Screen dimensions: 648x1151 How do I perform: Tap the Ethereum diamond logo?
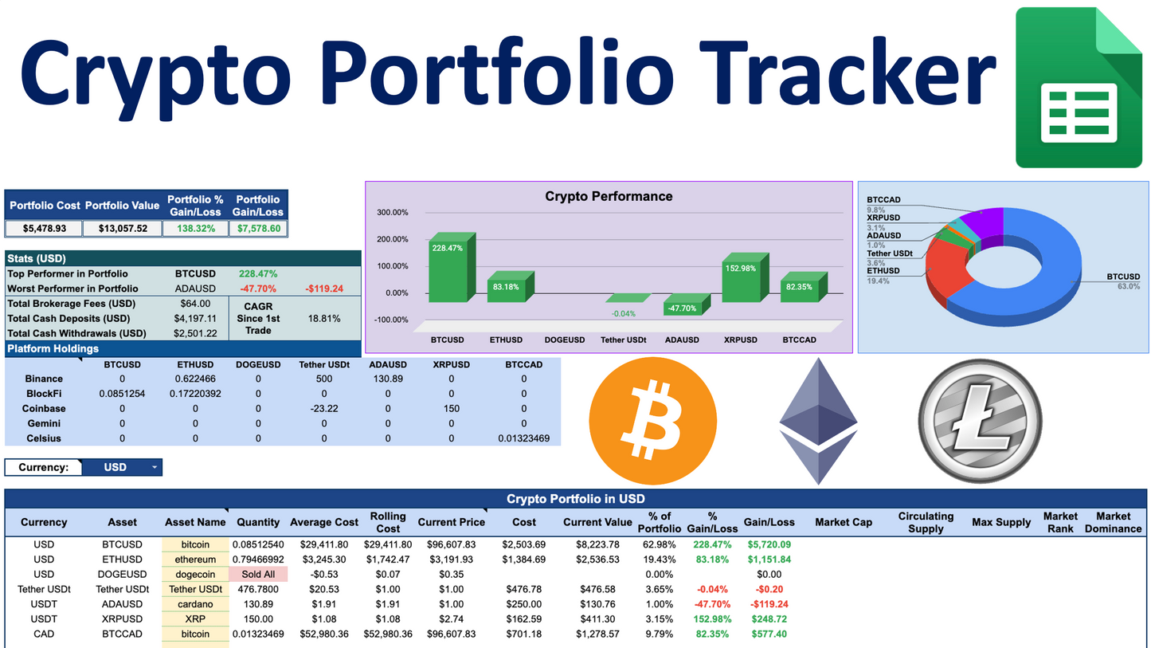click(818, 420)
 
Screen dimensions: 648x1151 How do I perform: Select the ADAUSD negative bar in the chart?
click(681, 306)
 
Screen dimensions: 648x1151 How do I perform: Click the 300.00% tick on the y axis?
click(393, 213)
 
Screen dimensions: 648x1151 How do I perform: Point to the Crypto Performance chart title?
click(609, 196)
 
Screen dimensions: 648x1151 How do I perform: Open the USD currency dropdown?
click(122, 467)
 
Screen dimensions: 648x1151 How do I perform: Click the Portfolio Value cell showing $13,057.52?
click(123, 229)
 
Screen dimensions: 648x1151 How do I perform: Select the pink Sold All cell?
click(258, 574)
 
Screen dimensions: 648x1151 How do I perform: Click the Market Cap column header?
click(844, 522)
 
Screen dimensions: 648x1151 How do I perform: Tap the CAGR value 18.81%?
click(323, 318)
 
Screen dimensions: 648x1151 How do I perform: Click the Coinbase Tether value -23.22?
click(323, 408)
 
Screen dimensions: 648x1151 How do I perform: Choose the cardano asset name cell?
click(195, 604)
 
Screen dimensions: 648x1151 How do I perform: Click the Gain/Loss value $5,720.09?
click(769, 544)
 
